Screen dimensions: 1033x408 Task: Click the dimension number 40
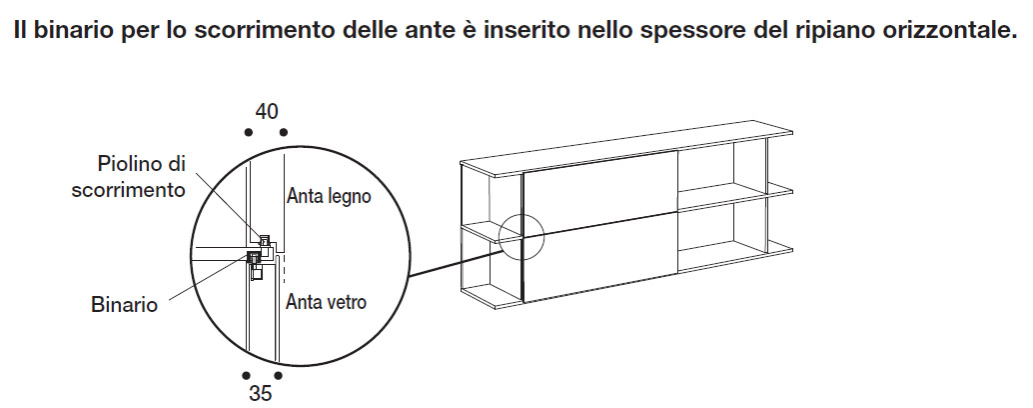(x=266, y=112)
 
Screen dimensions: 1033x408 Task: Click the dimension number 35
(x=260, y=393)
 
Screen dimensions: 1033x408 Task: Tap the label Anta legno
(x=329, y=196)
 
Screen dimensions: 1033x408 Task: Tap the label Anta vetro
(x=326, y=302)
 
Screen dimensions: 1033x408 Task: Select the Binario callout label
(x=125, y=305)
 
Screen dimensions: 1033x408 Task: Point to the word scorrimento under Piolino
(x=128, y=190)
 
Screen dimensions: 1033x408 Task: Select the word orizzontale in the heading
(x=947, y=32)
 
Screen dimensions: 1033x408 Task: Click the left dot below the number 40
(x=248, y=132)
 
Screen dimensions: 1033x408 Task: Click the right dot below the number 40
(x=284, y=132)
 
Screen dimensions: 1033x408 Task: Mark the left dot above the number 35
(x=246, y=376)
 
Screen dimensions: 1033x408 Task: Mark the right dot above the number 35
(x=278, y=376)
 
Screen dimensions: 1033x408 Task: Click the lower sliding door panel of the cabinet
(x=600, y=258)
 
